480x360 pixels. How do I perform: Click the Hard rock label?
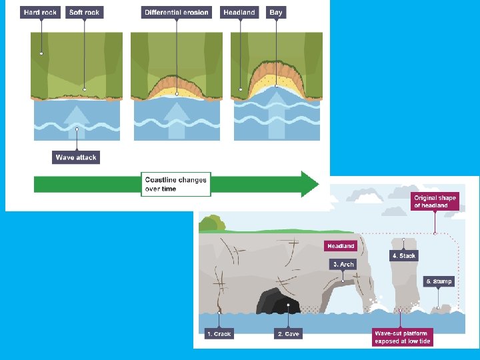40,12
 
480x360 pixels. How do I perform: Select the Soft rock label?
84,12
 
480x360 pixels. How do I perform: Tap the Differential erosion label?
177,12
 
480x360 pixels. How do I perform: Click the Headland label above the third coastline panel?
239,12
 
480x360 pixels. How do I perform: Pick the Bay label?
275,12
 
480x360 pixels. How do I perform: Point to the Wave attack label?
76,157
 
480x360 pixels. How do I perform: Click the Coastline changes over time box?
176,184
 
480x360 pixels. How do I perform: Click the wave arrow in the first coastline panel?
77,119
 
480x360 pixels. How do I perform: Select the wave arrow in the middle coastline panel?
177,119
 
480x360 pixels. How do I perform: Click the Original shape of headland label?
435,201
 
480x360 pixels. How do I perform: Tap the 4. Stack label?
404,255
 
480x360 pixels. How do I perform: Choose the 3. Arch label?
343,265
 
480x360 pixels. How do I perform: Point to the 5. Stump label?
439,281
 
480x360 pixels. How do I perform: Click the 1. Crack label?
219,333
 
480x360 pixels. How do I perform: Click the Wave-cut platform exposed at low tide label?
402,337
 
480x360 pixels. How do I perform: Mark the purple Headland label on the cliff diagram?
341,246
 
